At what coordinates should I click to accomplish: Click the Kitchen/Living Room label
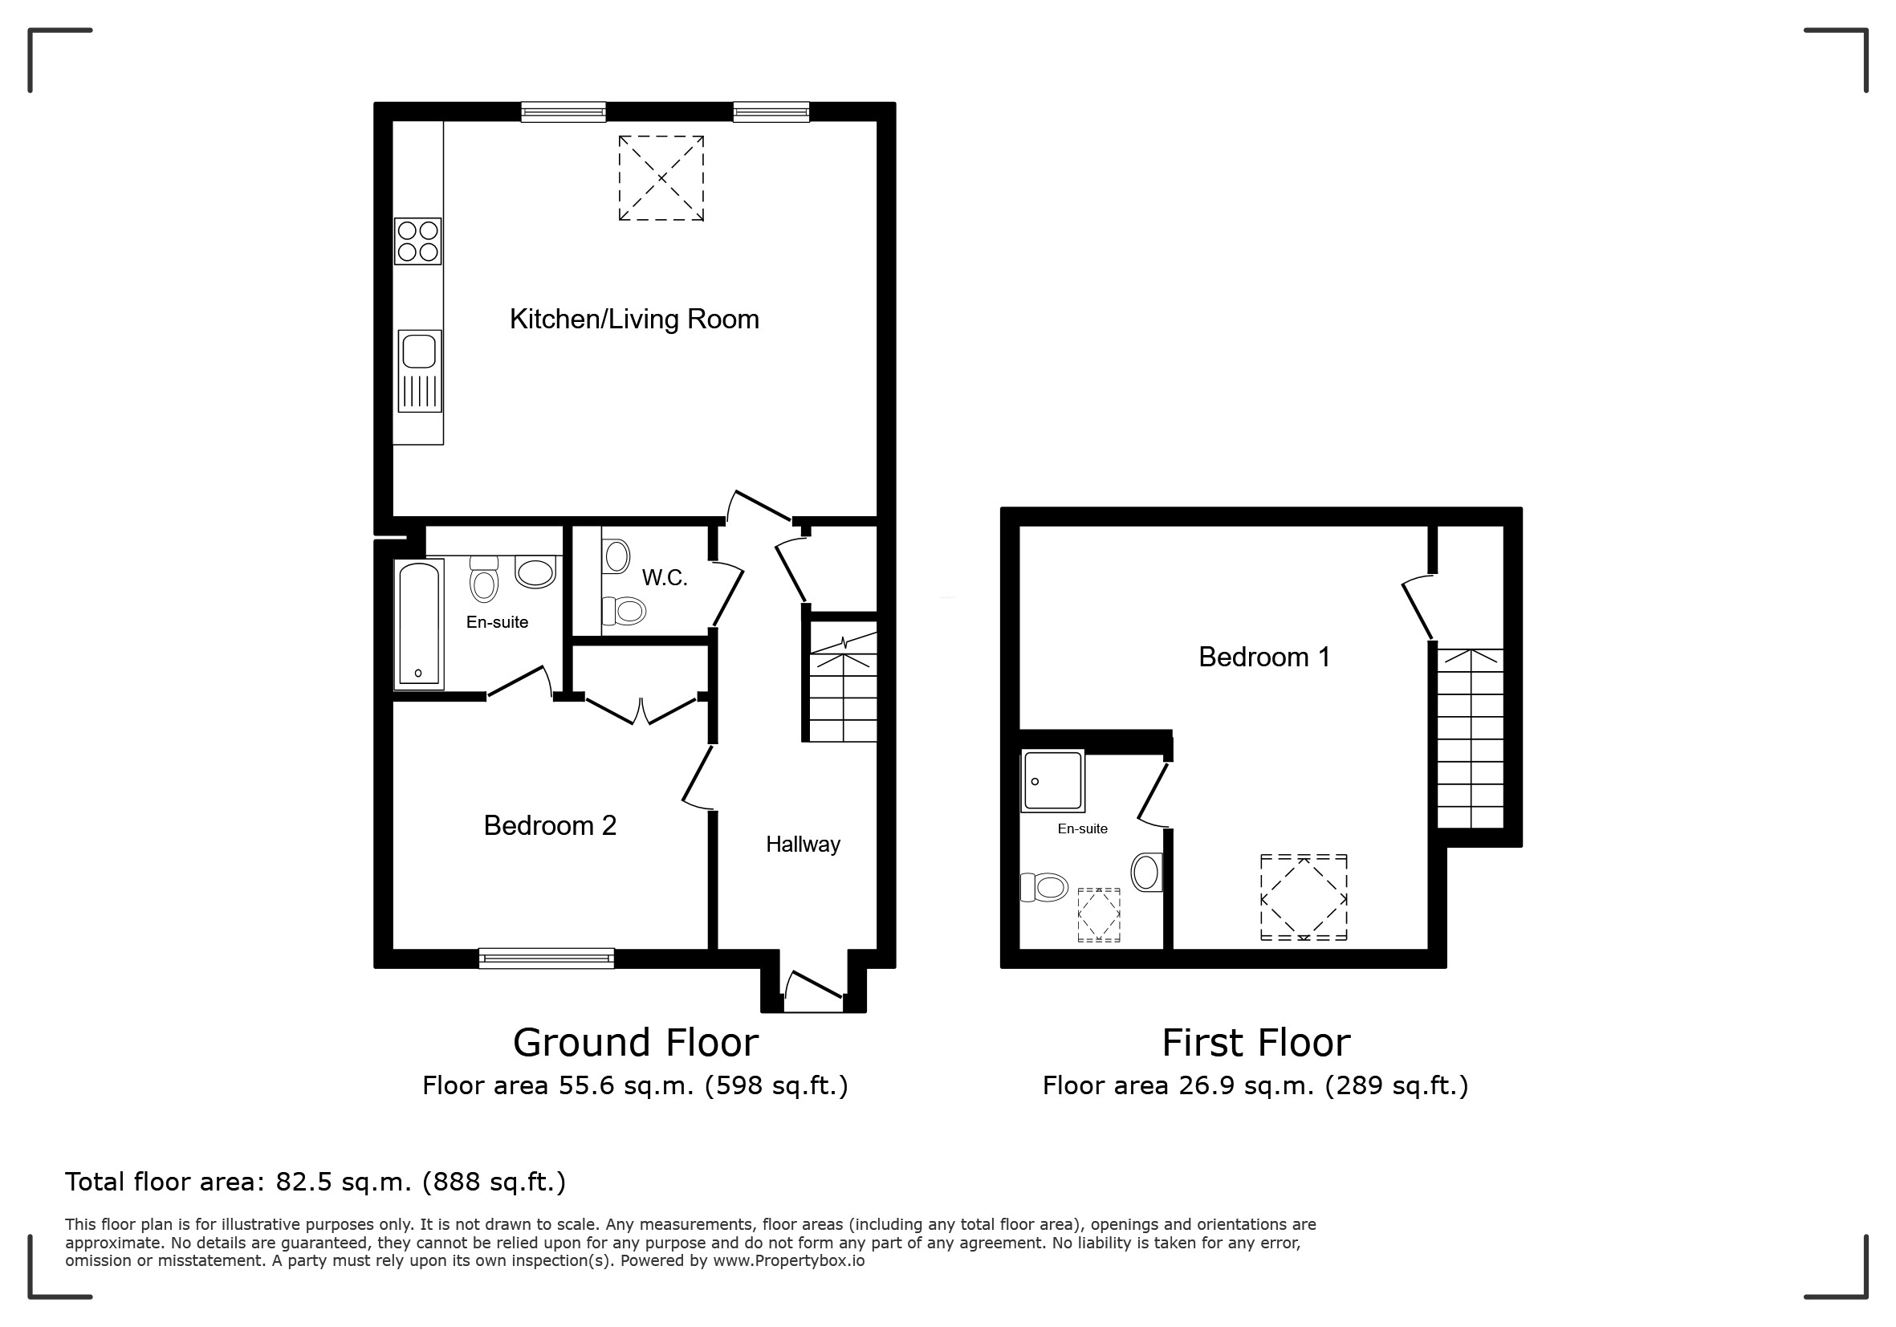[634, 320]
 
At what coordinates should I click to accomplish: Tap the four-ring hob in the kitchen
[418, 241]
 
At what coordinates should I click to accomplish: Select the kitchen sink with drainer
[420, 371]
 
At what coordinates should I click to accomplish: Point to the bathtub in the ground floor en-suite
[420, 625]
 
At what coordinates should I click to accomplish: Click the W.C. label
[665, 578]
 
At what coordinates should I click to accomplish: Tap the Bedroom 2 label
[550, 826]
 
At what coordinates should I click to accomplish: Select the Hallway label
[803, 845]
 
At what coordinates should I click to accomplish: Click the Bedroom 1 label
[1264, 657]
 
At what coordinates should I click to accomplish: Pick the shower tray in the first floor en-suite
[1053, 781]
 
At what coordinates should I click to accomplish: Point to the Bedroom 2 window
[547, 958]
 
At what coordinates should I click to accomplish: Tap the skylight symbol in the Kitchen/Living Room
[661, 178]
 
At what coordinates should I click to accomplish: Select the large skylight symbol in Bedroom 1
[1304, 898]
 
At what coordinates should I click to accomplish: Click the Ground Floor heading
[636, 1043]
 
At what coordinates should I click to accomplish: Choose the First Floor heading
[1256, 1043]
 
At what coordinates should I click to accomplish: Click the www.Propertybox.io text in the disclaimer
[788, 1261]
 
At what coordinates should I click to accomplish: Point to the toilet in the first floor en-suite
[1044, 888]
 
